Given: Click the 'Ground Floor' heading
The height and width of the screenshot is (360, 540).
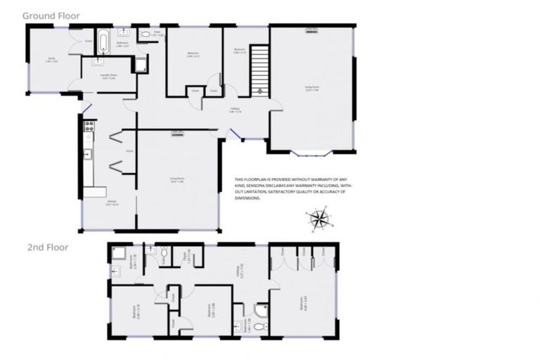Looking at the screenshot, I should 51,15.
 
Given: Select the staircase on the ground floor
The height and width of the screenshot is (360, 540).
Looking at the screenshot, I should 260,67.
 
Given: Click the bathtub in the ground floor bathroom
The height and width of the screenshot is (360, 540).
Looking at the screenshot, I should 103,41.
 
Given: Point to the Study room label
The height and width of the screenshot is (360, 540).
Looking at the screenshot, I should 51,60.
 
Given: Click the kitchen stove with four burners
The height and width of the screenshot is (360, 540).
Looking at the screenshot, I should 89,127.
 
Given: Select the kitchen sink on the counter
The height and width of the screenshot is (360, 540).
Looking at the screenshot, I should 89,154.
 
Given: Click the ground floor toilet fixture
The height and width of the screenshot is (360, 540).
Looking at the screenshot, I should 144,33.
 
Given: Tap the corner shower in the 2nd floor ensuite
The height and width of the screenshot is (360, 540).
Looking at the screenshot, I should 261,309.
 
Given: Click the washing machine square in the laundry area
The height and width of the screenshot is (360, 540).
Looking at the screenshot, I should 140,65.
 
